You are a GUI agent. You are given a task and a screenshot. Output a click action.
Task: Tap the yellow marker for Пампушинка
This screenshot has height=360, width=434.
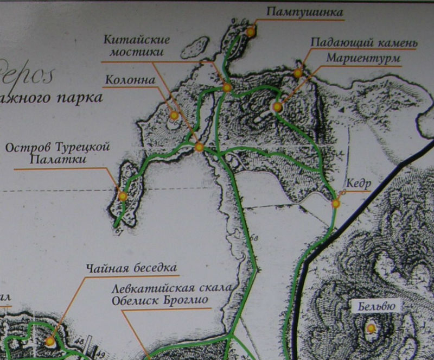click(250, 32)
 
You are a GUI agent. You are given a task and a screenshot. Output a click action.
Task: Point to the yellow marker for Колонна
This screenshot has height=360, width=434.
click(174, 116)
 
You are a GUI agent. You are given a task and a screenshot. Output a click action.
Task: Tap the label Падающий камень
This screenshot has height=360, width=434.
click(363, 43)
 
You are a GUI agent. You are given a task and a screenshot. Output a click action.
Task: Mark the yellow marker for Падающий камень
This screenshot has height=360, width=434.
click(297, 73)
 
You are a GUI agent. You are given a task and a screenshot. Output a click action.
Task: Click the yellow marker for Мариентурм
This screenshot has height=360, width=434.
click(277, 107)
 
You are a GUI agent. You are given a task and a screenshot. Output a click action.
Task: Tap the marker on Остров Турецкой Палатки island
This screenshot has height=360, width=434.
click(123, 196)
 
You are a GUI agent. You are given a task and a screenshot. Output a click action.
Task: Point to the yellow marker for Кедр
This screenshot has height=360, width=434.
click(336, 204)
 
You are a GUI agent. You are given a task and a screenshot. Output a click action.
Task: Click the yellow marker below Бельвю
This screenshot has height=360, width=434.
click(371, 328)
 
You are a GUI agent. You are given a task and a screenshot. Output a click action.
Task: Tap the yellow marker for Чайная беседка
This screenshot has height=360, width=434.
click(50, 341)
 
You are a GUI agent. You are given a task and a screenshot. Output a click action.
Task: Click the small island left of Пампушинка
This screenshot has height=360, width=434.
click(195, 47)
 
